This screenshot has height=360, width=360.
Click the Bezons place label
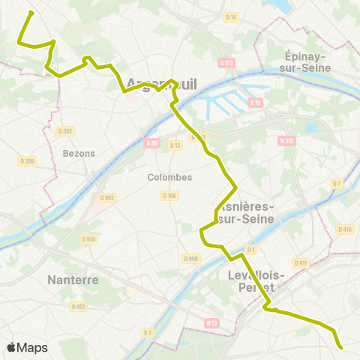tap(79, 153)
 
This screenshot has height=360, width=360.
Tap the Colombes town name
tap(169, 178)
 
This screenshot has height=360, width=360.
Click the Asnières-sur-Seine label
tap(247, 212)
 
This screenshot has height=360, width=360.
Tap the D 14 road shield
tap(231, 17)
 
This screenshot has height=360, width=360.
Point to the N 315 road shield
tap(286, 140)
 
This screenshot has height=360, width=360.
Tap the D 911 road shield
tap(301, 263)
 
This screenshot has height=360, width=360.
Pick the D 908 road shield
tap(191, 258)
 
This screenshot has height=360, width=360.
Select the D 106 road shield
tap(169, 196)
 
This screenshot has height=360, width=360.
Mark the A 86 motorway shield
tap(152, 142)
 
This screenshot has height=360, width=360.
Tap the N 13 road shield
tap(213, 322)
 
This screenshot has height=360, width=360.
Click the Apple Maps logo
tap(27, 347)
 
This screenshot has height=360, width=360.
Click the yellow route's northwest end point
tap(30, 13)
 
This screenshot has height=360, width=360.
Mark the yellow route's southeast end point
tap(341, 347)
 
